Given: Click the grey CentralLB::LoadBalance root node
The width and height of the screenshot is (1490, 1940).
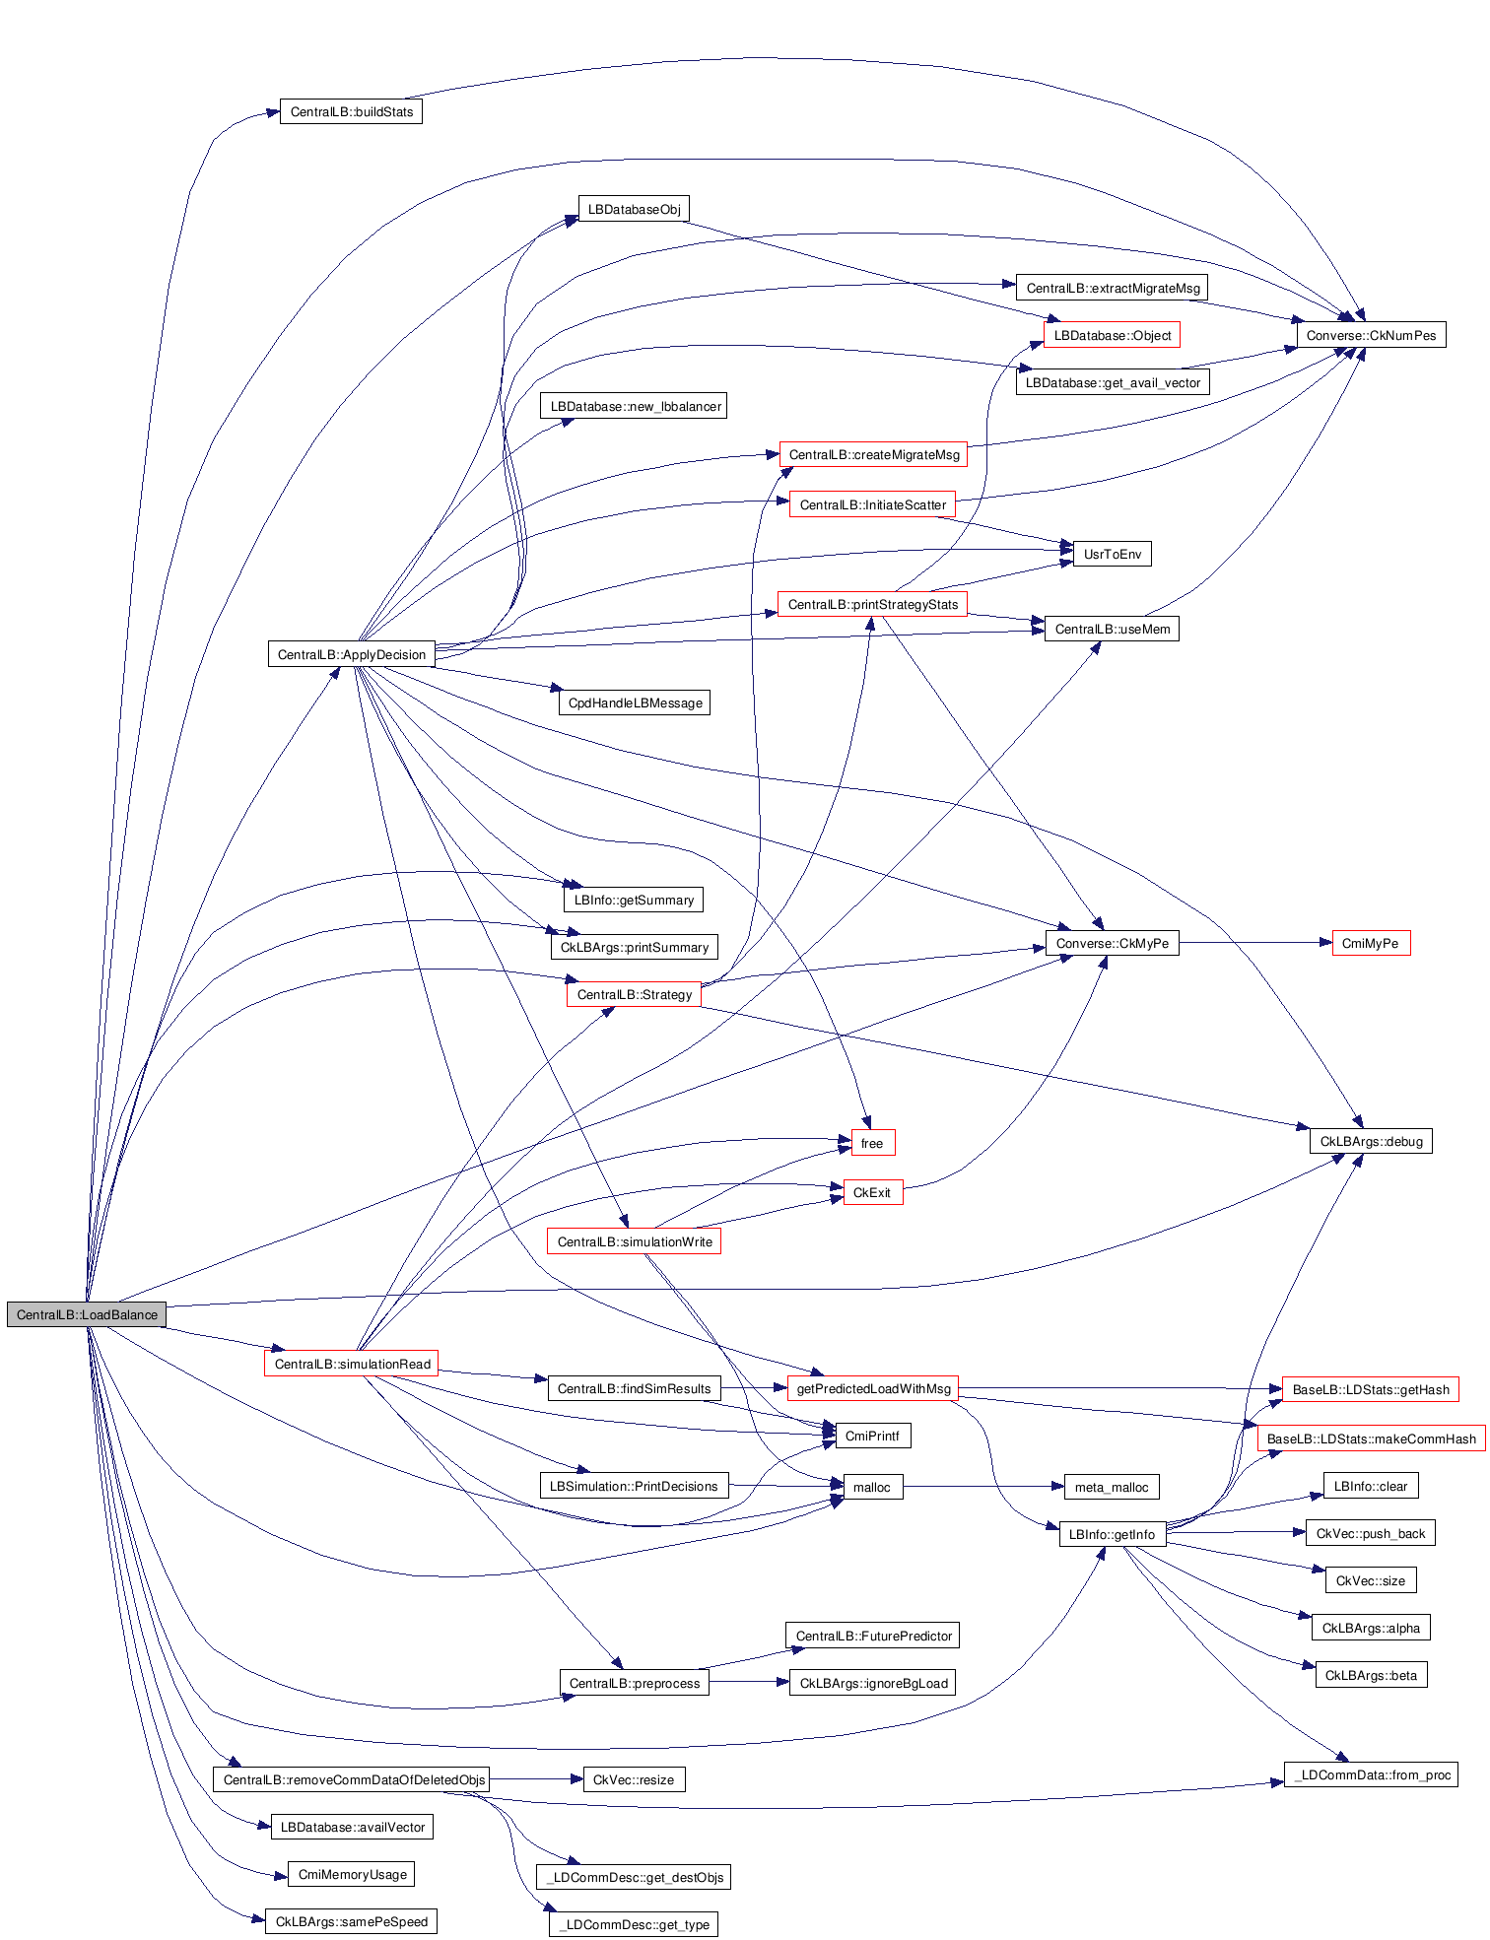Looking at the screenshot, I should click(87, 1314).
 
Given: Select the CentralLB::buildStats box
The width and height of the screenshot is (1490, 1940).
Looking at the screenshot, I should click(351, 111).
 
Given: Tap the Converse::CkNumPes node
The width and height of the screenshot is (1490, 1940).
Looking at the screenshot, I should click(1371, 335).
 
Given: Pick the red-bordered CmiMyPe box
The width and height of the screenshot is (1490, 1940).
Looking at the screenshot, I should click(1370, 943).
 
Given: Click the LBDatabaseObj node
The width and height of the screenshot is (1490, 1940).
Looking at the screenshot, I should click(634, 209).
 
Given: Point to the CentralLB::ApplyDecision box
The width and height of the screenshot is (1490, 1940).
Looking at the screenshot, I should click(351, 654).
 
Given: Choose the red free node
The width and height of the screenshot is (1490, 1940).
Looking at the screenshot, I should click(872, 1143).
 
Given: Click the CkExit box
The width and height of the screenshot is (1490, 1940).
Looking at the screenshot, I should click(872, 1192).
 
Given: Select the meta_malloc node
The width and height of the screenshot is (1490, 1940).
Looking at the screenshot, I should click(1112, 1487).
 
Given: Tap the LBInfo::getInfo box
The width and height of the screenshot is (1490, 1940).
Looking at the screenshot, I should click(1112, 1534).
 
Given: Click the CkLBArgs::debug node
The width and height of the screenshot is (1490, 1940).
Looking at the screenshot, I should click(1371, 1141).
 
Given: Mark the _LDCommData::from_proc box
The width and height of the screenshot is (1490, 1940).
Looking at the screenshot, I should click(1371, 1774).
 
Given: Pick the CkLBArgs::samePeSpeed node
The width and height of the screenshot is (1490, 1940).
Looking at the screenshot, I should click(351, 1921).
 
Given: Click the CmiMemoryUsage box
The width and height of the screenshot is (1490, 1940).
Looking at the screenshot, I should click(352, 1874).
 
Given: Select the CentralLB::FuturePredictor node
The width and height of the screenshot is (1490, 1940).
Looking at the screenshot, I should click(873, 1636).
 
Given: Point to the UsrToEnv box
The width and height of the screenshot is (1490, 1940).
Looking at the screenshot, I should click(1112, 554).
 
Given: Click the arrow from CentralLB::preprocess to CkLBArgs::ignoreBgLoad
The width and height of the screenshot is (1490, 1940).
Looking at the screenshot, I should click(749, 1683).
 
